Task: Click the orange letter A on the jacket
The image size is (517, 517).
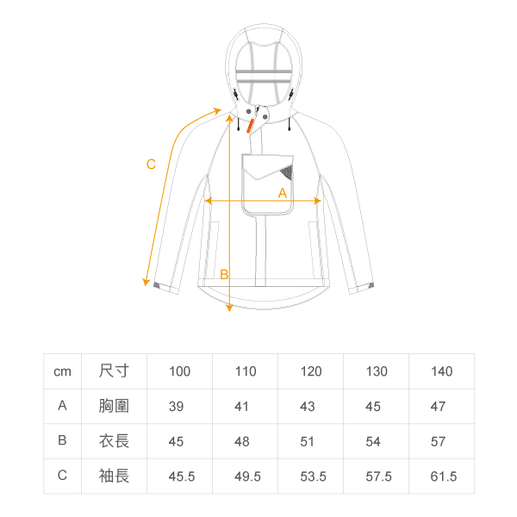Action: click(282, 194)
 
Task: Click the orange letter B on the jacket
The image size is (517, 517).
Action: click(223, 275)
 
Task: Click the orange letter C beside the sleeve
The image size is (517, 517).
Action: click(151, 165)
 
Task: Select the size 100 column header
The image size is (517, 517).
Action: click(180, 371)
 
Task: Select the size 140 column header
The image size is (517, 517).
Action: click(442, 371)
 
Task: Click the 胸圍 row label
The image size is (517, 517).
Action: click(115, 407)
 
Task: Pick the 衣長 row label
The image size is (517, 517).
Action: click(115, 441)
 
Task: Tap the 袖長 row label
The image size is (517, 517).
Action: click(115, 476)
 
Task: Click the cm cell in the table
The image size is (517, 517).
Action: click(62, 371)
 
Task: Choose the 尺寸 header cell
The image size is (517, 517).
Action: click(115, 371)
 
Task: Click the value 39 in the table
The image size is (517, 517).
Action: click(177, 407)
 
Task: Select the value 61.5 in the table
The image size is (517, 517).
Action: click(442, 476)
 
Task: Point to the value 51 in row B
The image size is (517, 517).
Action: click(308, 441)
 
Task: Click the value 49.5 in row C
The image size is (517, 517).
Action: click(246, 476)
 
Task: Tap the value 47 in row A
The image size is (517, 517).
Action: click(439, 407)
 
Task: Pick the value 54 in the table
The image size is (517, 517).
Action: click(373, 441)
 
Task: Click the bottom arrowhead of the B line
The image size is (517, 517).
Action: click(229, 307)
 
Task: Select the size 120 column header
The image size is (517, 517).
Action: click(311, 371)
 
